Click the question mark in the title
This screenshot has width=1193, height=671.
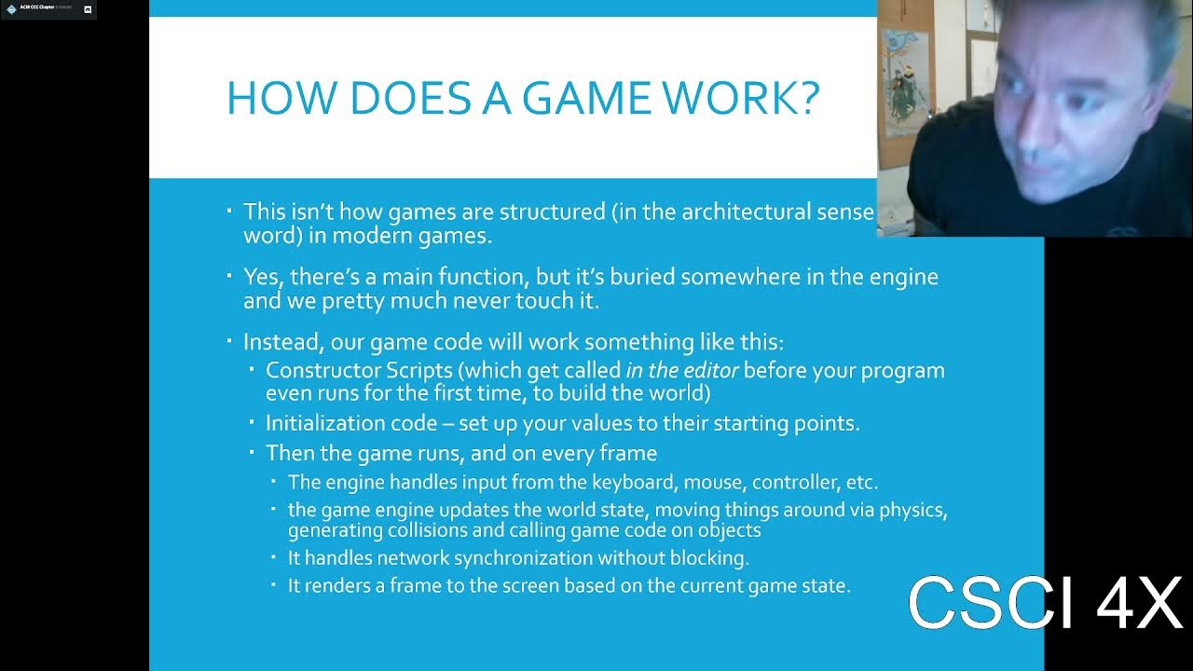[x=807, y=98]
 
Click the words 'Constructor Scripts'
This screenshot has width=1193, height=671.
[x=358, y=371]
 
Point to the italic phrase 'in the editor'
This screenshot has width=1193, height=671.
[x=682, y=371]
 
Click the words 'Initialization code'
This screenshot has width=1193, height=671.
[x=350, y=423]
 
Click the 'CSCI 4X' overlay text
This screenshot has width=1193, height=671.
[x=1044, y=603]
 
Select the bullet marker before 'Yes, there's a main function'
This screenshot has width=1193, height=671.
[x=230, y=276]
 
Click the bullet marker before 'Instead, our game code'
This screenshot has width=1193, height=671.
[x=230, y=341]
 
